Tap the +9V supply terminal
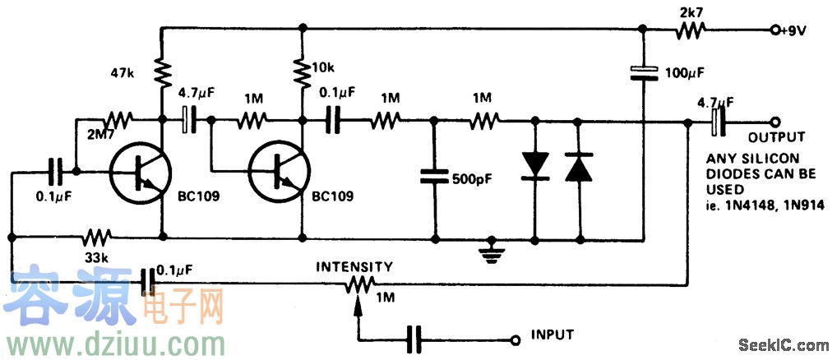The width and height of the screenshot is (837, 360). [x=775, y=30]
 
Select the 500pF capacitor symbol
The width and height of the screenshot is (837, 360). [x=433, y=176]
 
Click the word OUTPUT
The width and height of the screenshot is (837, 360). [x=776, y=136]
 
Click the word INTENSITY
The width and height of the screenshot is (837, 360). [x=355, y=266]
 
